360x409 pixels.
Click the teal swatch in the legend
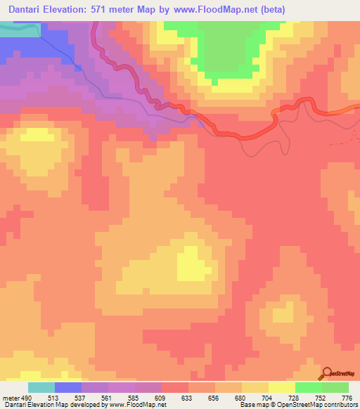41,387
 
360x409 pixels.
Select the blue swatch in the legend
68,387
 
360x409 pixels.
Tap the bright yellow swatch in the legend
282,387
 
